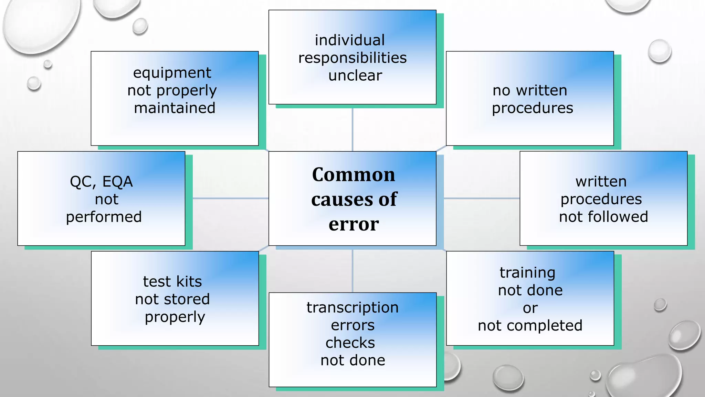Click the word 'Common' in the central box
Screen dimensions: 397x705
point(354,175)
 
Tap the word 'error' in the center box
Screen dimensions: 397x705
point(354,224)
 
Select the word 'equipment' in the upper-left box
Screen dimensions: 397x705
point(172,73)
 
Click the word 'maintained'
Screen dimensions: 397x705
point(175,108)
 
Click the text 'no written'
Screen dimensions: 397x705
point(530,91)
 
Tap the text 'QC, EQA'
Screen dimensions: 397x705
point(101,182)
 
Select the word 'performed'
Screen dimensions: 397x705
point(104,217)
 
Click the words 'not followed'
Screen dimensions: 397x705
point(603,217)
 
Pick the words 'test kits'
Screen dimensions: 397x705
point(172,282)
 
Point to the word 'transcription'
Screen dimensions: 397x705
point(352,308)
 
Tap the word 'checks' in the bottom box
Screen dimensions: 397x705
point(350,343)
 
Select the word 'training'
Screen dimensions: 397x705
point(527,273)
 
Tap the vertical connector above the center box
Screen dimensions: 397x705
point(352,129)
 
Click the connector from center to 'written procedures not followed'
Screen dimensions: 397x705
point(481,198)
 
